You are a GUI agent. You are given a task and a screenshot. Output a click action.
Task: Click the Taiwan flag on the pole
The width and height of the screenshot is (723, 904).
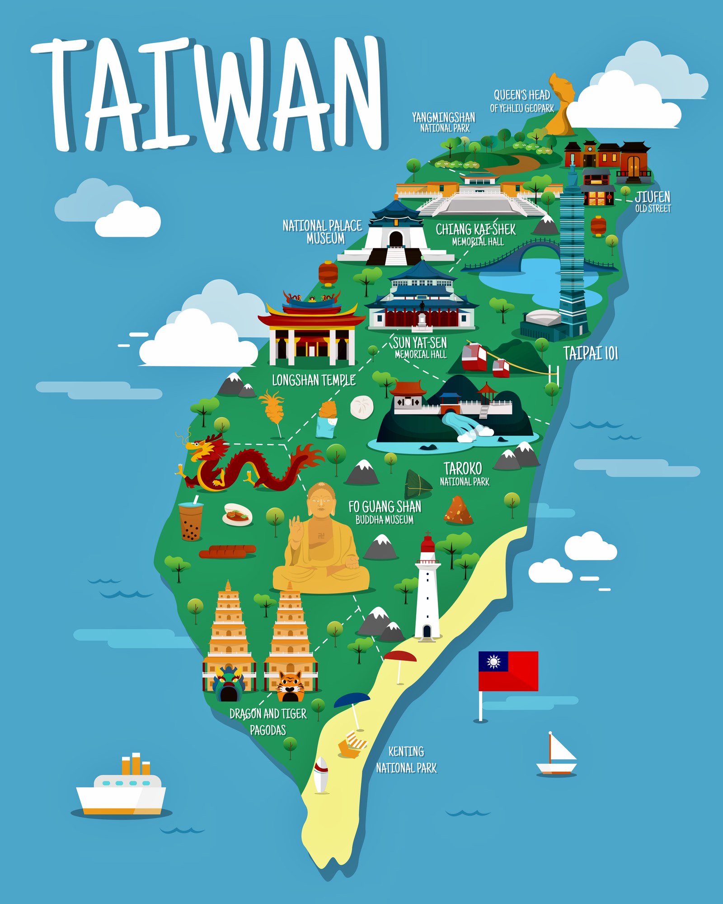[x=508, y=671]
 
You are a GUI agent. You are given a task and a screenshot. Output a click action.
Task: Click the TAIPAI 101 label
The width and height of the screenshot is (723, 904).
[x=591, y=353]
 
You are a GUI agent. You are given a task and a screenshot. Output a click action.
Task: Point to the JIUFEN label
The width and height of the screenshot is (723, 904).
[x=653, y=197]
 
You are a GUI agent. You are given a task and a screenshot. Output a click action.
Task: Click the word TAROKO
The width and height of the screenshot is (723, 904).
[x=463, y=468]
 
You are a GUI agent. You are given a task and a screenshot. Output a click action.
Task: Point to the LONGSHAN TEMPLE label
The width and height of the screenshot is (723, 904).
[x=314, y=380]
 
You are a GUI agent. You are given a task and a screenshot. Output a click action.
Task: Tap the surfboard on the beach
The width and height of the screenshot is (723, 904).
[x=321, y=775]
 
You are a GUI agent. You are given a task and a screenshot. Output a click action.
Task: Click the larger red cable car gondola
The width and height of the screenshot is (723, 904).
[x=474, y=356]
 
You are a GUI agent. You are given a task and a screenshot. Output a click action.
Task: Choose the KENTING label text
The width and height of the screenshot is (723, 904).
[x=406, y=751]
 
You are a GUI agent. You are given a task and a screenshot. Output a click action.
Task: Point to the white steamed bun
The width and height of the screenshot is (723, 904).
[x=362, y=407]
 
